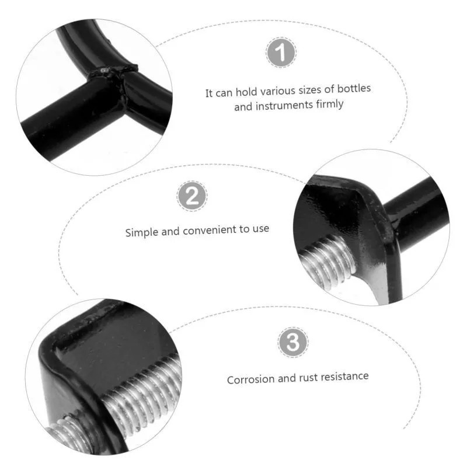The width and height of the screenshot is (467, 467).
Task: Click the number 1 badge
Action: point(281,53)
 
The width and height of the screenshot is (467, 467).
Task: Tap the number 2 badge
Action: point(192,196)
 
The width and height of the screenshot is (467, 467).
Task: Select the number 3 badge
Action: point(293,342)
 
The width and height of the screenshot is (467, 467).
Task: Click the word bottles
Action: point(354,89)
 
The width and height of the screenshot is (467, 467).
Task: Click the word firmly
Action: point(330,104)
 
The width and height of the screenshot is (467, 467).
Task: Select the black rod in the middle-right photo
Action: point(417,213)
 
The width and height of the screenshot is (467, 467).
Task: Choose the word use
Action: point(261,229)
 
